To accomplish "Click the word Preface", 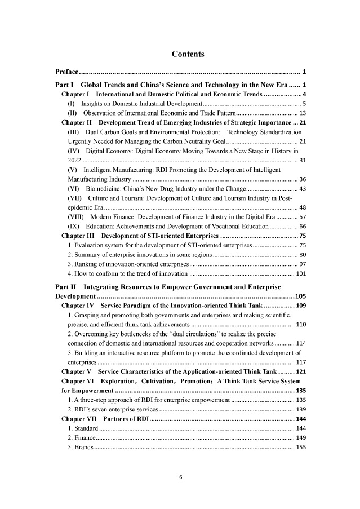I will [x=66, y=72].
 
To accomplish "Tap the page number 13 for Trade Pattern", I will [x=302, y=113].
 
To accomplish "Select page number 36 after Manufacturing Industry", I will [x=302, y=179].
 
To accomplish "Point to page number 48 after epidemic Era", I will [x=302, y=207].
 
